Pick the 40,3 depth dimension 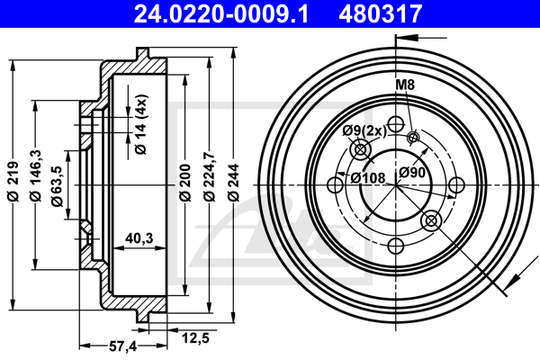pos(138,239)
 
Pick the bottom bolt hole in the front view pos(394,247)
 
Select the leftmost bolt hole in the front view pos(335,186)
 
